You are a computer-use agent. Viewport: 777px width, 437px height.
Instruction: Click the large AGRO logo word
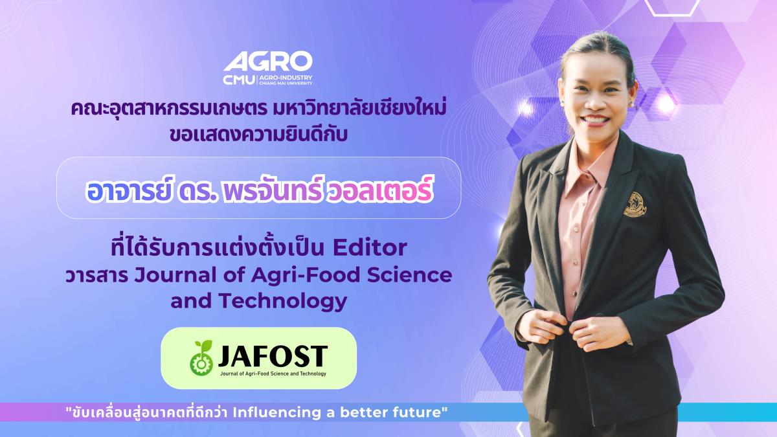(x=268, y=62)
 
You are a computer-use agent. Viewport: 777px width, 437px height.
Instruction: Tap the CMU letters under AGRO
(x=239, y=80)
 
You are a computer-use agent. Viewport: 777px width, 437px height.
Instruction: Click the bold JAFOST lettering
(x=273, y=356)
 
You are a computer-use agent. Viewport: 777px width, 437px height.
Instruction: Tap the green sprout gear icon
(x=201, y=358)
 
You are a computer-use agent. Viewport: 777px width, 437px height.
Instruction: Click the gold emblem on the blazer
(x=635, y=205)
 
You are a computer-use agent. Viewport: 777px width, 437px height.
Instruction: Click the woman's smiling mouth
(x=596, y=120)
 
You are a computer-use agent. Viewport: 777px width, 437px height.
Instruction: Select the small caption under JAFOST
(x=273, y=374)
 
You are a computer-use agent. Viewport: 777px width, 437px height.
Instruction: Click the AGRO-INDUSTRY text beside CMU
(x=286, y=78)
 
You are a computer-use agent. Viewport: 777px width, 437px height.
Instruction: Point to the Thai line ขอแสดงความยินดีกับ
(x=259, y=135)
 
